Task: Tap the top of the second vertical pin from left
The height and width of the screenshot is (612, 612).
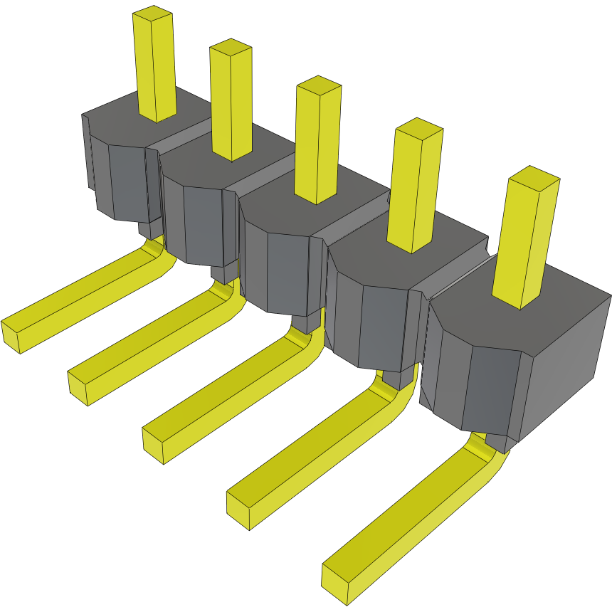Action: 230,48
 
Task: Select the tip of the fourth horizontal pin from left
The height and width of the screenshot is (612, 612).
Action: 238,510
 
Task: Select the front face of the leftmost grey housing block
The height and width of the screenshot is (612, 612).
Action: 128,181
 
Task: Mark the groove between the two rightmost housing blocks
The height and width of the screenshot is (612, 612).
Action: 455,278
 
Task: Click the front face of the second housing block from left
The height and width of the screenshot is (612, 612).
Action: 203,224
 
